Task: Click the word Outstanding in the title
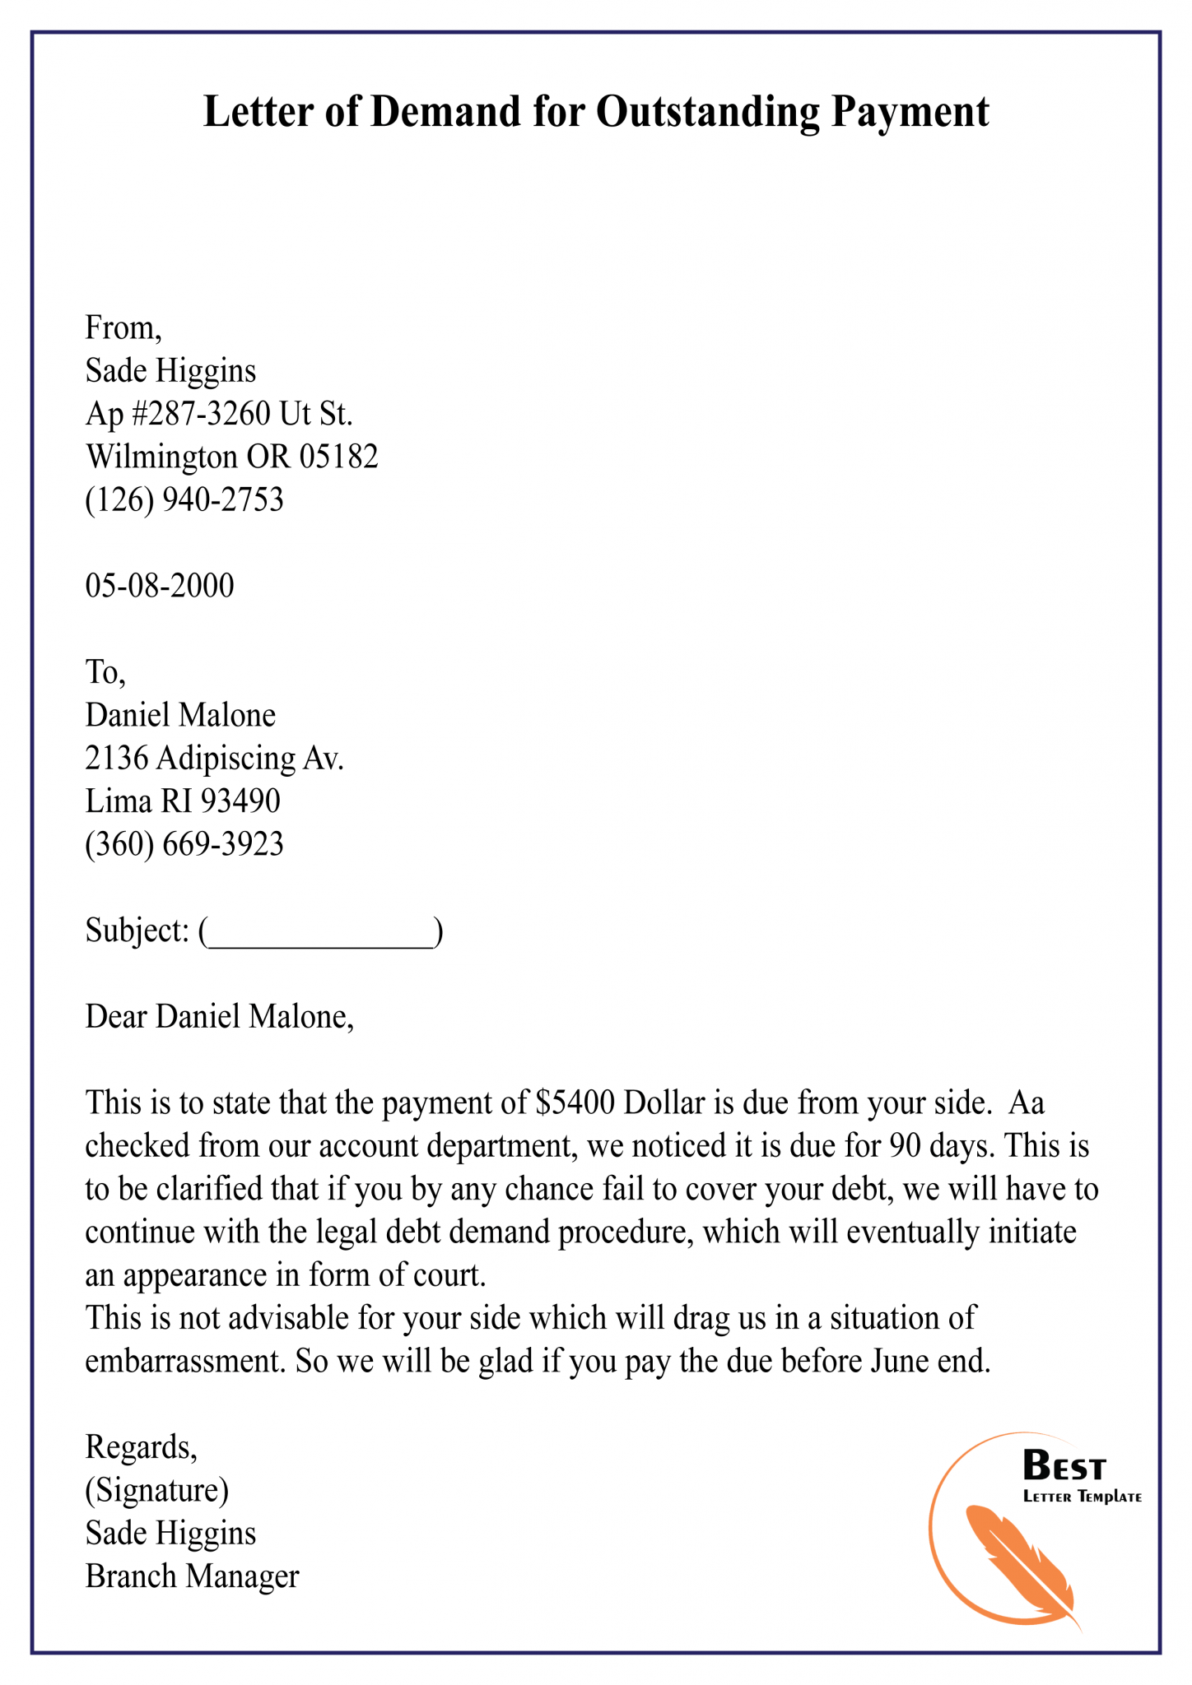tap(707, 112)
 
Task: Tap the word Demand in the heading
tap(445, 112)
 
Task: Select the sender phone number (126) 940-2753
tap(184, 499)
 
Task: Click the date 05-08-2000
tap(160, 586)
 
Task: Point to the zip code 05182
tap(338, 457)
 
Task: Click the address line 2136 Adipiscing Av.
tap(214, 758)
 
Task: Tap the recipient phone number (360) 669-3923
tap(184, 844)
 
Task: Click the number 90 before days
tap(906, 1145)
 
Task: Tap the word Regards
tap(141, 1447)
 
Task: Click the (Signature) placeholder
tap(157, 1490)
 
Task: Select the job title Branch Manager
tap(192, 1576)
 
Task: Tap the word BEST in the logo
tap(1064, 1466)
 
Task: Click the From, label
tap(123, 328)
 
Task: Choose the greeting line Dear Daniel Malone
tap(219, 1017)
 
